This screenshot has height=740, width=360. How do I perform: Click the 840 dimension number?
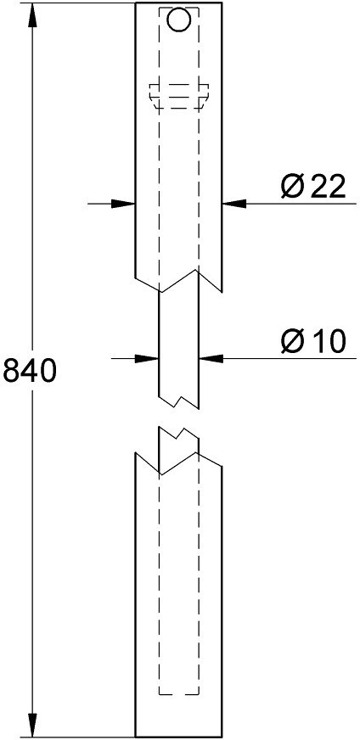click(30, 371)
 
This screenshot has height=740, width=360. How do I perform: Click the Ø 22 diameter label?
click(313, 187)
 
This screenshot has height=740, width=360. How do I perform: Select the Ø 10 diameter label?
click(313, 341)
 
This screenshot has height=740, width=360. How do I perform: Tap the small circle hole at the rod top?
click(179, 20)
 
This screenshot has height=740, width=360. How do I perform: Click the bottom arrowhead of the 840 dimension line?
click(31, 726)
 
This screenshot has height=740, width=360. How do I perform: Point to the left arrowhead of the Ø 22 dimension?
click(123, 204)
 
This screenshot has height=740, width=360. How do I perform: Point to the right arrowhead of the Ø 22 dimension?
click(234, 204)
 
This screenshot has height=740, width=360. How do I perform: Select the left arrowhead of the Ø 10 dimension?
click(146, 359)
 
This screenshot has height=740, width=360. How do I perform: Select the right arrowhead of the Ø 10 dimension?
click(211, 359)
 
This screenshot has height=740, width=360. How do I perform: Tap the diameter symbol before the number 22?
click(292, 187)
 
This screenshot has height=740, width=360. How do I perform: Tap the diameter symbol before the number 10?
click(292, 341)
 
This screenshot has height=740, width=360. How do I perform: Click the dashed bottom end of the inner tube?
click(179, 695)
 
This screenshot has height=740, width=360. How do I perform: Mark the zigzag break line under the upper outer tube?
click(179, 281)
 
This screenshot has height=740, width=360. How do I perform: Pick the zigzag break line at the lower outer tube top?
click(179, 462)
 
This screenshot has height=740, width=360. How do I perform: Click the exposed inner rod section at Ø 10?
click(179, 350)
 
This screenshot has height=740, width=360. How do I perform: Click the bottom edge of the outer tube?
click(178, 737)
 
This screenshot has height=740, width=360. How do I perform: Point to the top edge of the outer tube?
click(178, 3)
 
